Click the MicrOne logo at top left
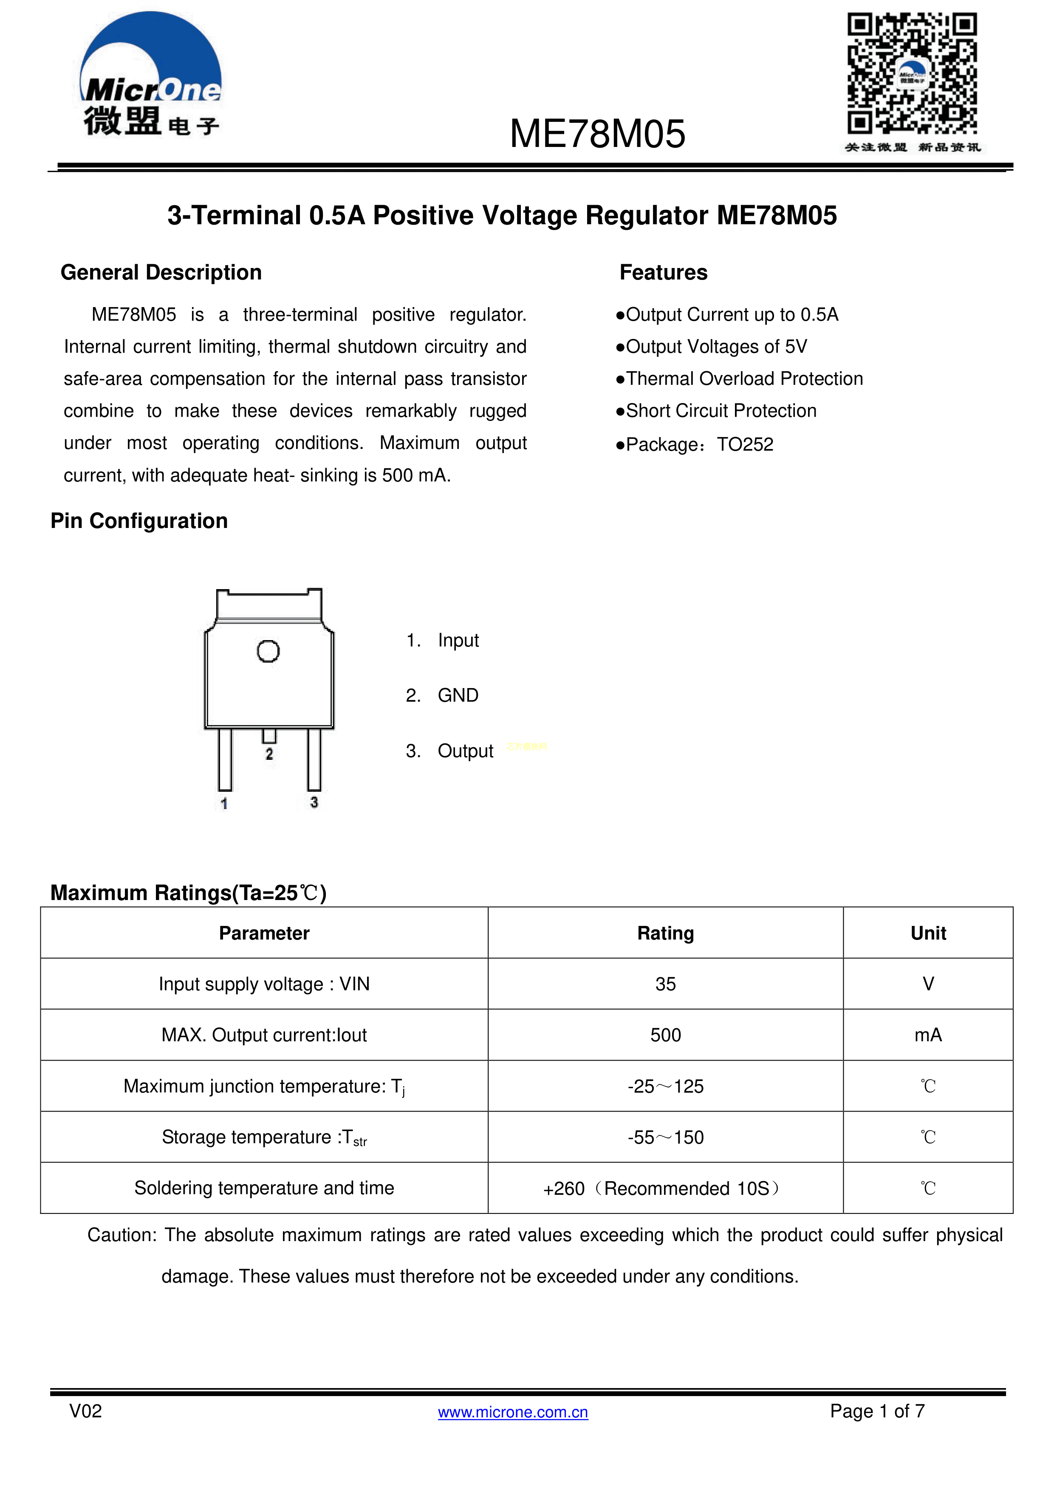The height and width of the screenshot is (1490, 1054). [x=150, y=75]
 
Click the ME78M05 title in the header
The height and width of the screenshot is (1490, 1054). [x=597, y=134]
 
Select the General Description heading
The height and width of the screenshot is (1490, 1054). [x=161, y=273]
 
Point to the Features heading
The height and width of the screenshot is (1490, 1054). [x=663, y=273]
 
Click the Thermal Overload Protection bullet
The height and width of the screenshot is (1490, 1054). [x=740, y=379]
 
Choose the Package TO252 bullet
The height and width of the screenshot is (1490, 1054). [x=695, y=445]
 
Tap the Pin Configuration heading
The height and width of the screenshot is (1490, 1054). [x=139, y=521]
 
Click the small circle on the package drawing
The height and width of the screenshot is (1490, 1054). [x=268, y=651]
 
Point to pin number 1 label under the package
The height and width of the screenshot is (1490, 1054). [x=224, y=804]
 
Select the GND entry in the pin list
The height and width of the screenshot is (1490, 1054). [x=458, y=696]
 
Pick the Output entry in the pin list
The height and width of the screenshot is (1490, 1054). [x=465, y=751]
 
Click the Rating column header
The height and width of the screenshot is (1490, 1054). [x=665, y=933]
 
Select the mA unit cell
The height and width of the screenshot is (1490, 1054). [x=927, y=1035]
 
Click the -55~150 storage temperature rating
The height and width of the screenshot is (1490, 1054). [x=665, y=1137]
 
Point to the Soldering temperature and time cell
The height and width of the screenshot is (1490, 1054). [x=264, y=1188]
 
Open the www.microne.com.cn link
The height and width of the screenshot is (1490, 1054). [x=513, y=1412]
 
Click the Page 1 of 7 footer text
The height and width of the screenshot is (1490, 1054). [x=877, y=1411]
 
